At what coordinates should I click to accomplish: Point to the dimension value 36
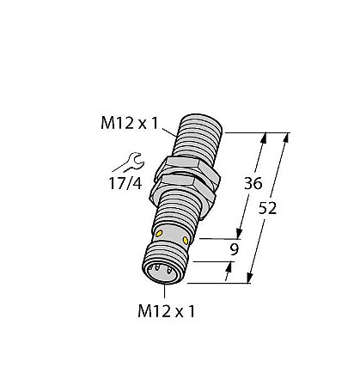[x=254, y=183]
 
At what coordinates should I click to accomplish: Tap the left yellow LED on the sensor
[x=161, y=235]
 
